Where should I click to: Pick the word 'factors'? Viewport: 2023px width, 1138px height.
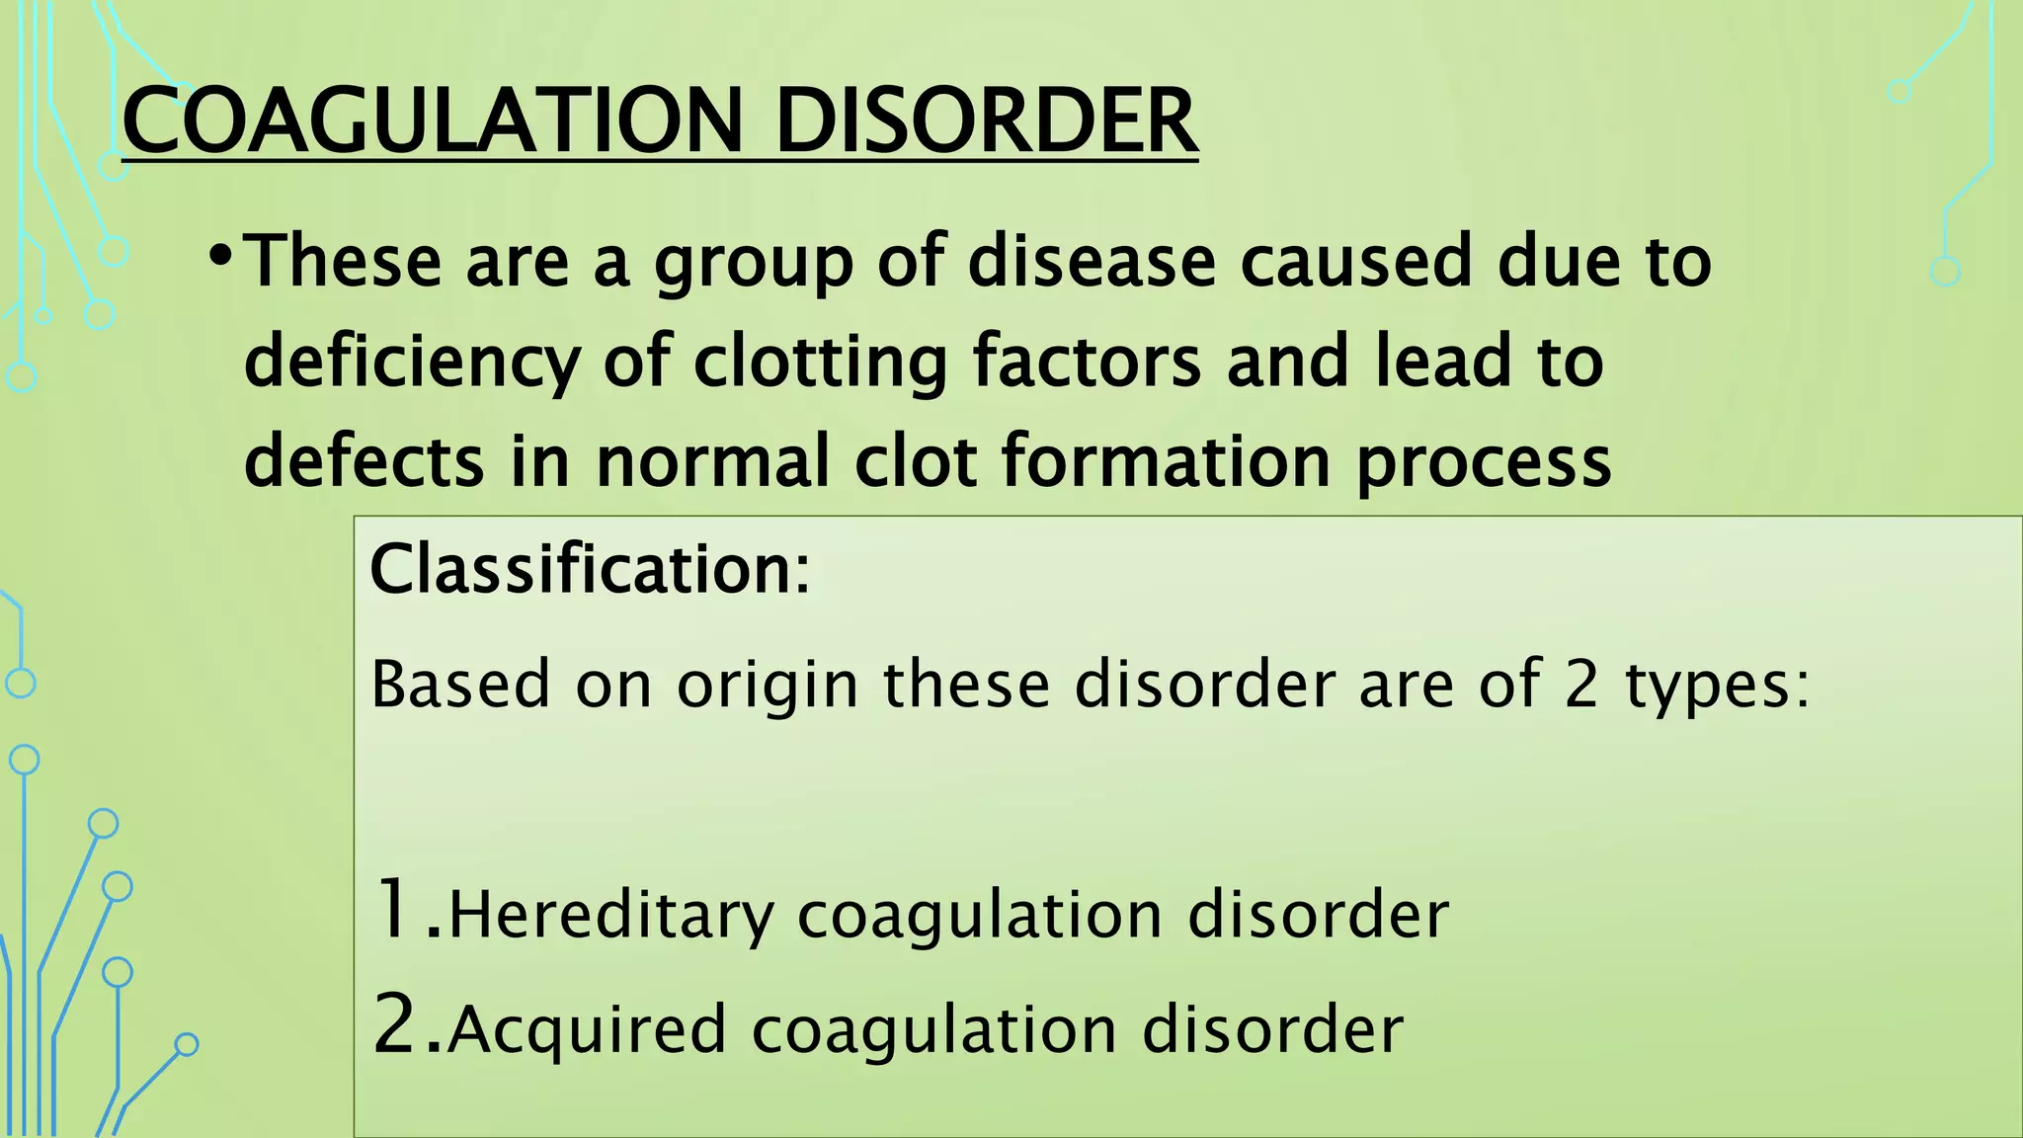coord(1087,362)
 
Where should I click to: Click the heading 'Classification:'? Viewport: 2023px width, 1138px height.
coord(590,570)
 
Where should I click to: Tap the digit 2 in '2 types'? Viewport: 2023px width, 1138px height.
coord(1581,684)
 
